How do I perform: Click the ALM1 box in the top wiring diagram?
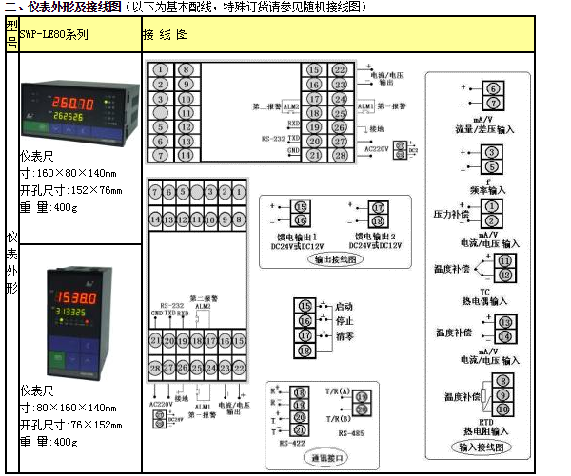click(x=365, y=106)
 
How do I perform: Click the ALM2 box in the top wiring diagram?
click(x=291, y=106)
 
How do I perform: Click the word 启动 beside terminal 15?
click(x=345, y=307)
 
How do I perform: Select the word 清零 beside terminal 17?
click(x=345, y=335)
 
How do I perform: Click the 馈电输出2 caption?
click(x=377, y=235)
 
